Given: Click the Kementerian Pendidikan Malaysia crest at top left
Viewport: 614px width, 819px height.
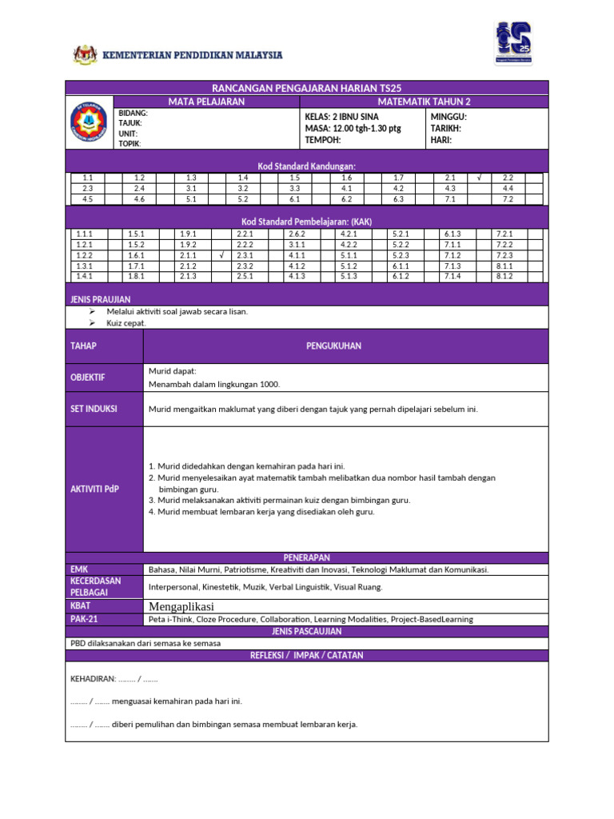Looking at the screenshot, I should [84, 55].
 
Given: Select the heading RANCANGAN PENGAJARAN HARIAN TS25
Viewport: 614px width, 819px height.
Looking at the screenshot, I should [307, 88].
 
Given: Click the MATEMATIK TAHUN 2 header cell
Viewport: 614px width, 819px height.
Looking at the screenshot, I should [425, 102].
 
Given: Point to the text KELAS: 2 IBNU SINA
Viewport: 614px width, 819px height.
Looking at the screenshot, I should [341, 117].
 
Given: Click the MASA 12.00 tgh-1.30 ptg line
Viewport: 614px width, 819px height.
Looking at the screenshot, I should [353, 128].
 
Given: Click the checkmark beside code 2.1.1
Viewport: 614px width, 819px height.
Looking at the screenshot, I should [220, 255].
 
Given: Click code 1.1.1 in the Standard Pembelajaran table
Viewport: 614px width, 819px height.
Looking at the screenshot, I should [84, 234].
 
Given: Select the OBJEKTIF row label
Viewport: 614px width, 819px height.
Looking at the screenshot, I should [87, 378].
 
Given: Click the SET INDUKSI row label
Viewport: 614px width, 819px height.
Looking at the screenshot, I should [94, 409].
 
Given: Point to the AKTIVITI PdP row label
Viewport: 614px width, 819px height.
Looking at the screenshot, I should [94, 489].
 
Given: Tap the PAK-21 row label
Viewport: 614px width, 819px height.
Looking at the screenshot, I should [83, 619].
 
